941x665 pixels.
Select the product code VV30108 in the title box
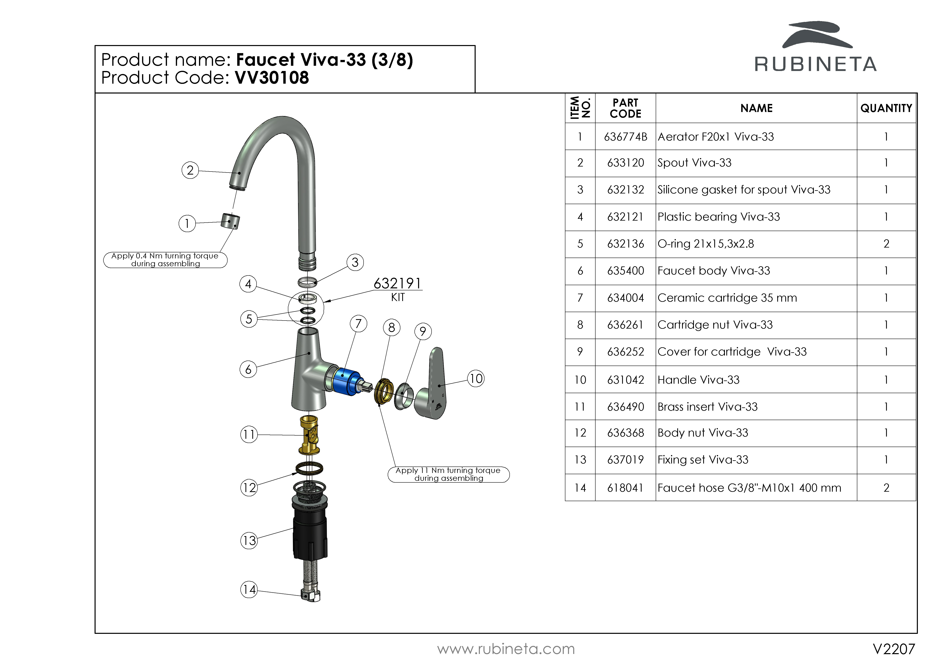tap(272, 78)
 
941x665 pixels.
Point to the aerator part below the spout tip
tap(230, 221)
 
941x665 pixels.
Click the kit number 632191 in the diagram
tap(397, 283)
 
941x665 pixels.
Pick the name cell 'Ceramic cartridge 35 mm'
tap(727, 298)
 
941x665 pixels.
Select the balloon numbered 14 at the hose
tap(249, 590)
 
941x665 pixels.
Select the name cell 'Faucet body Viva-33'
tap(713, 271)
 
